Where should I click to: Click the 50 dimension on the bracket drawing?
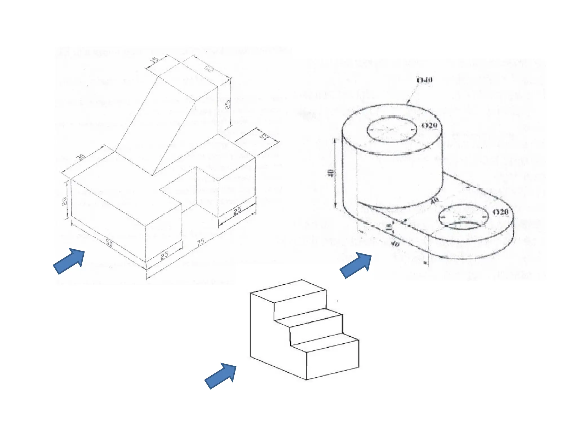[x=109, y=242]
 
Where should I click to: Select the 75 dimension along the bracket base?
[x=201, y=242]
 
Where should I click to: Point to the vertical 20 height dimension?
[x=65, y=201]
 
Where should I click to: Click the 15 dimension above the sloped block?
[x=154, y=60]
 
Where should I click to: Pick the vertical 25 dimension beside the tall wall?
[x=228, y=104]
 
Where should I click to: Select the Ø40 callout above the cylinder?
[x=424, y=80]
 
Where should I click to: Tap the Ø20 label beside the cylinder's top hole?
[x=429, y=125]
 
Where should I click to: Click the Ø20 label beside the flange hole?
[x=500, y=212]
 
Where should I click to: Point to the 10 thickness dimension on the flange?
[x=389, y=227]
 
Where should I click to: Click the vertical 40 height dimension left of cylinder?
[x=331, y=173]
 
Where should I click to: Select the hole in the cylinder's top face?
[x=392, y=130]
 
